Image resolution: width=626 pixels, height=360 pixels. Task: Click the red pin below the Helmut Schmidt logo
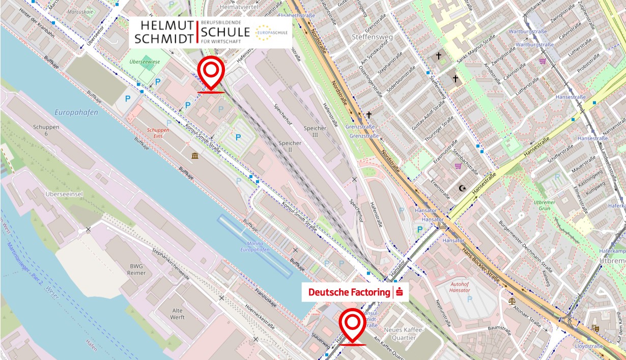pos(211,72)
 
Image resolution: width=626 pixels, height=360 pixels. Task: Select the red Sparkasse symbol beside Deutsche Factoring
pos(400,292)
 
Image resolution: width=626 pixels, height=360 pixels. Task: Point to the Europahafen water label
pos(76,113)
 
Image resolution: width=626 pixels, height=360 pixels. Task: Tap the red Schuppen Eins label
pos(158,133)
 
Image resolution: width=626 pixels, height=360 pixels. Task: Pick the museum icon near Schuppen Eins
pos(195,155)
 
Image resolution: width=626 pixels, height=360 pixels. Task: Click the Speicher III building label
pos(315,132)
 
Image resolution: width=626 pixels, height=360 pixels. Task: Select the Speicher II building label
pos(290,147)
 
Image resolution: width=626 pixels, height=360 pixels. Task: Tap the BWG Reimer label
pos(137,269)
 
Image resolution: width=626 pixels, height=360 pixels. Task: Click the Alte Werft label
pos(178,314)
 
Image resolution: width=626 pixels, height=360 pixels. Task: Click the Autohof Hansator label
pos(460,286)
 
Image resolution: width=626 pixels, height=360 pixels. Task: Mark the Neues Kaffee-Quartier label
pos(404,334)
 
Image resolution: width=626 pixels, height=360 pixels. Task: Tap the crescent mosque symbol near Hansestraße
pos(462,188)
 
